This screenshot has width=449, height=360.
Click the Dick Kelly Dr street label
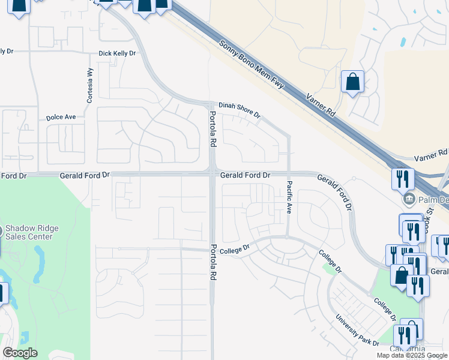[118, 53]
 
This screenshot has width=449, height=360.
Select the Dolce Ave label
[61, 118]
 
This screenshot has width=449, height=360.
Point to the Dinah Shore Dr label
[239, 109]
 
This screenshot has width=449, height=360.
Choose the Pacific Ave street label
[289, 197]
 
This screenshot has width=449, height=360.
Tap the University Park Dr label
[357, 331]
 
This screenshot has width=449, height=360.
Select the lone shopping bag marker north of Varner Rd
[352, 82]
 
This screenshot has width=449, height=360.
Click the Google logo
[20, 353]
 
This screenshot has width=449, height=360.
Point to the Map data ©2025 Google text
[412, 355]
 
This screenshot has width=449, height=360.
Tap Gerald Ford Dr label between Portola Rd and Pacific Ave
[245, 175]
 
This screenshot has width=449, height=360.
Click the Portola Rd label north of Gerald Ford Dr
[212, 130]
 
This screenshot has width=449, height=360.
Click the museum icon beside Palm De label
[408, 198]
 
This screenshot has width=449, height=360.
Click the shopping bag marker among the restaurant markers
[400, 275]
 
